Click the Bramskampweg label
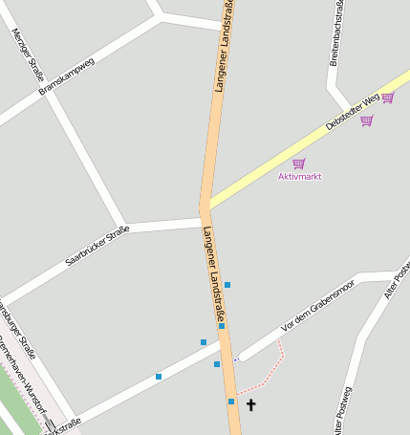(x=67, y=77)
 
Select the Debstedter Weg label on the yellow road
(x=353, y=112)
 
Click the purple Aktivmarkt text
(x=299, y=177)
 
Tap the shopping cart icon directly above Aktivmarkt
(x=299, y=163)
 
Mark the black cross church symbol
(x=251, y=405)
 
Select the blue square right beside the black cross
(x=231, y=402)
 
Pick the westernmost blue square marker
(x=159, y=377)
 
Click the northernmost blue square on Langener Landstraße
(x=227, y=285)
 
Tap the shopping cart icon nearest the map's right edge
(x=387, y=98)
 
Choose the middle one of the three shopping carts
(x=366, y=121)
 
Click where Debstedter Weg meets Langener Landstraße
(x=206, y=205)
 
